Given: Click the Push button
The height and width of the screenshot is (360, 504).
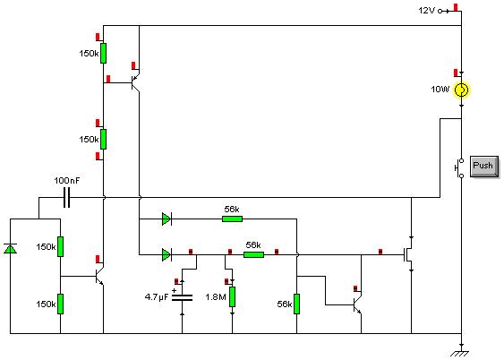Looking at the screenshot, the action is pos(484,167).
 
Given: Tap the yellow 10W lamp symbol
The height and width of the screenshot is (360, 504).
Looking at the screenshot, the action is pos(461,90).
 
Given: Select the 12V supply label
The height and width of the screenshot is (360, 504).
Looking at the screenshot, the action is pos(426,11).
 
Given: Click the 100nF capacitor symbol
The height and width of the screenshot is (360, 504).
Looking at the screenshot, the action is pos(66,198).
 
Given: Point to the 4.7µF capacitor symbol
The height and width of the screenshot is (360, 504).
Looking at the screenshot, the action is pos(183,297).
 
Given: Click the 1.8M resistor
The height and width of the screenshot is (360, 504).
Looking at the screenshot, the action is pos(232,296).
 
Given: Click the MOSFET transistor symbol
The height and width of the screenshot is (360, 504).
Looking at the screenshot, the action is pos(408,254).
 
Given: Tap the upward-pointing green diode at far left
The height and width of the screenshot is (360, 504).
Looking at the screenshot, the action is pos(10,249).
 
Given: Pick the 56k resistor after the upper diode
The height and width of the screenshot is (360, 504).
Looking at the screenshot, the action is pos(232,219).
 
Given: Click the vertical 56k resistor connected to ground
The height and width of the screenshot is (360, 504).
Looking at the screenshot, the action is pos(296,304).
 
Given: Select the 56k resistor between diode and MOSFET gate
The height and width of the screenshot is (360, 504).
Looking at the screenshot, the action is pos(253,255).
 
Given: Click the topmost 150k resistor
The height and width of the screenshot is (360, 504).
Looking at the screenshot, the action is pos(103,54).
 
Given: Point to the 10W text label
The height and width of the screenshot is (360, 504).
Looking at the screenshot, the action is pos(440,90).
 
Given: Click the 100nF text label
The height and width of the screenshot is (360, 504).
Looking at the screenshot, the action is pos(67,181).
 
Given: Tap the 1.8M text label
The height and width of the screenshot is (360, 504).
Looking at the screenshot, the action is pos(216,297).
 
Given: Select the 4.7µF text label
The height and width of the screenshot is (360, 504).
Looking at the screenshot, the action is pos(157,296).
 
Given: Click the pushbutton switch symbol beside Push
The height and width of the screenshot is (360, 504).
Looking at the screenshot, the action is pos(459,168).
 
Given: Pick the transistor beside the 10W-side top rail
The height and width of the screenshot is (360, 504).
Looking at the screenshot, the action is pos(136,82).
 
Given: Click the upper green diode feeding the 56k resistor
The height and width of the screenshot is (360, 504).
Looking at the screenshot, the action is pos(167,219).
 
